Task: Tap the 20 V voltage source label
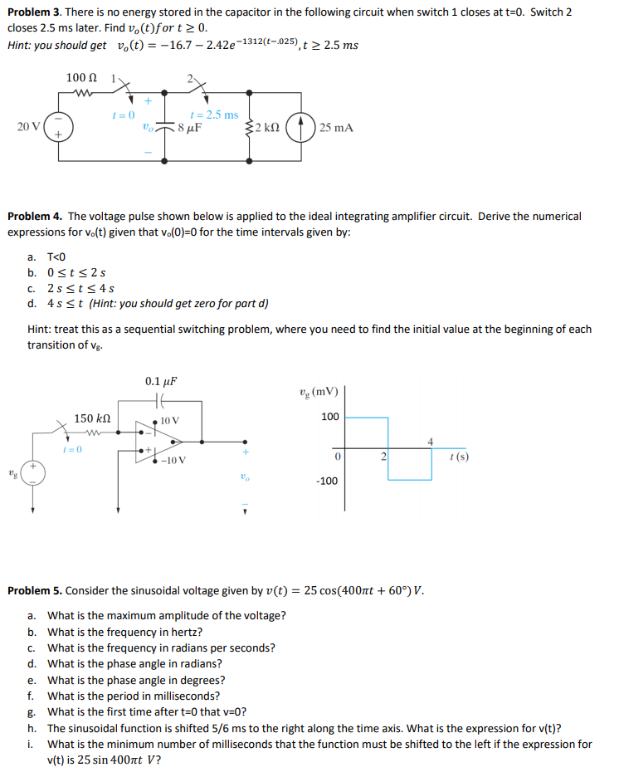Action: point(27,127)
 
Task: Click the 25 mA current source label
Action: point(336,128)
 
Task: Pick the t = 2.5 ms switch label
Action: point(214,115)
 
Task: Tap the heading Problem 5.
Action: point(35,590)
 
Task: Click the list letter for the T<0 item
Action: point(32,257)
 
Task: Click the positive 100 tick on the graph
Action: point(329,416)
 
